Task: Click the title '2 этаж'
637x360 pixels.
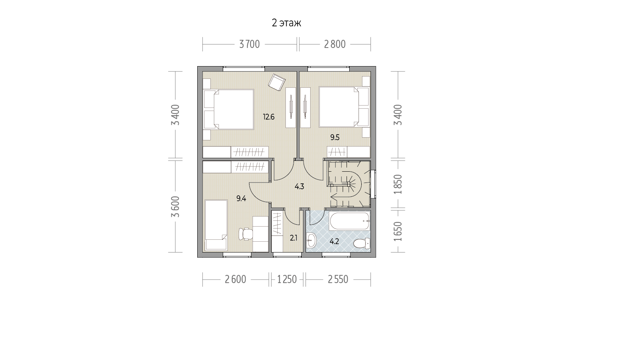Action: coord(286,23)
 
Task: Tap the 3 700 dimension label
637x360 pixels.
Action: coord(249,44)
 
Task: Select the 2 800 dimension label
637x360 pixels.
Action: coord(335,44)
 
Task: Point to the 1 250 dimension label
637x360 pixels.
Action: coord(287,280)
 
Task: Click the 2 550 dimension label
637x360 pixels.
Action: coord(338,280)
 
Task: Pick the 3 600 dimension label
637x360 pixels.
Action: coord(176,207)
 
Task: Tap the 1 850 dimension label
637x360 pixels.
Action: coord(398,184)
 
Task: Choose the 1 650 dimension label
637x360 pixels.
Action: coord(398,232)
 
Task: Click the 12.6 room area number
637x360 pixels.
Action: coord(268,117)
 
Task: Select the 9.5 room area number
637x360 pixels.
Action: coord(335,138)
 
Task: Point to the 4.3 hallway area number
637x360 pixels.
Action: coord(299,186)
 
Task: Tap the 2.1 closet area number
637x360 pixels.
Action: coord(294,238)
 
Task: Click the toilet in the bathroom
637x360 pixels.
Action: coord(362,243)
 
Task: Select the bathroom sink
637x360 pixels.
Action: coord(311,241)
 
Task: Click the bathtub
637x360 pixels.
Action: coord(350,221)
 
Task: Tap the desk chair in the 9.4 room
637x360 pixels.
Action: coord(246,234)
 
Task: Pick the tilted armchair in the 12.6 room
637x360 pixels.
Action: coord(277,82)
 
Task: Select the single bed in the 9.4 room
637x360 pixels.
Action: coord(216,225)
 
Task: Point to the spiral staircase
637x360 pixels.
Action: coord(350,184)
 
